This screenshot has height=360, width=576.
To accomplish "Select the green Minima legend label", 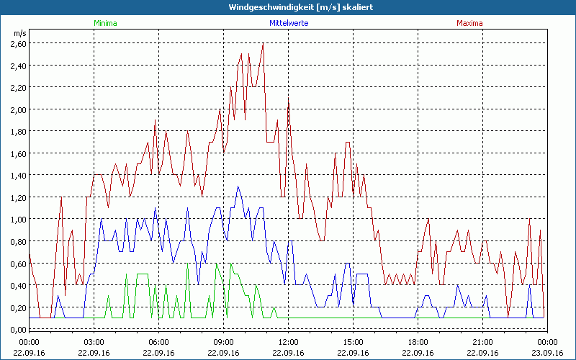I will pyautogui.click(x=105, y=23).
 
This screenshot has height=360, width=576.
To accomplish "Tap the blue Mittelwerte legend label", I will pyautogui.click(x=289, y=23).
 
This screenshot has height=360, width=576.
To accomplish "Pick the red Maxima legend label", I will pyautogui.click(x=470, y=23).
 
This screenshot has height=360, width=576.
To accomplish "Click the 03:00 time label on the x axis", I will pyautogui.click(x=94, y=342).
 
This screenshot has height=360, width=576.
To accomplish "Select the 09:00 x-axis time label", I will pyautogui.click(x=224, y=342).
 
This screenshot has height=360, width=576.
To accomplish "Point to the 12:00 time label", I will pyautogui.click(x=289, y=342).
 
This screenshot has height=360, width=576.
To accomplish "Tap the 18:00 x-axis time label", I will pyautogui.click(x=418, y=342).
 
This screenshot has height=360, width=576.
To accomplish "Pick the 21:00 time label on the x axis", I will pyautogui.click(x=482, y=342).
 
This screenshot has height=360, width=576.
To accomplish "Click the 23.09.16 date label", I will pyautogui.click(x=547, y=353).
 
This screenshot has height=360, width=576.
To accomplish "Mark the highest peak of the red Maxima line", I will pyautogui.click(x=264, y=44).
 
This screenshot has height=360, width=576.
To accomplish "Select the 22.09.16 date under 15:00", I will pyautogui.click(x=354, y=353).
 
